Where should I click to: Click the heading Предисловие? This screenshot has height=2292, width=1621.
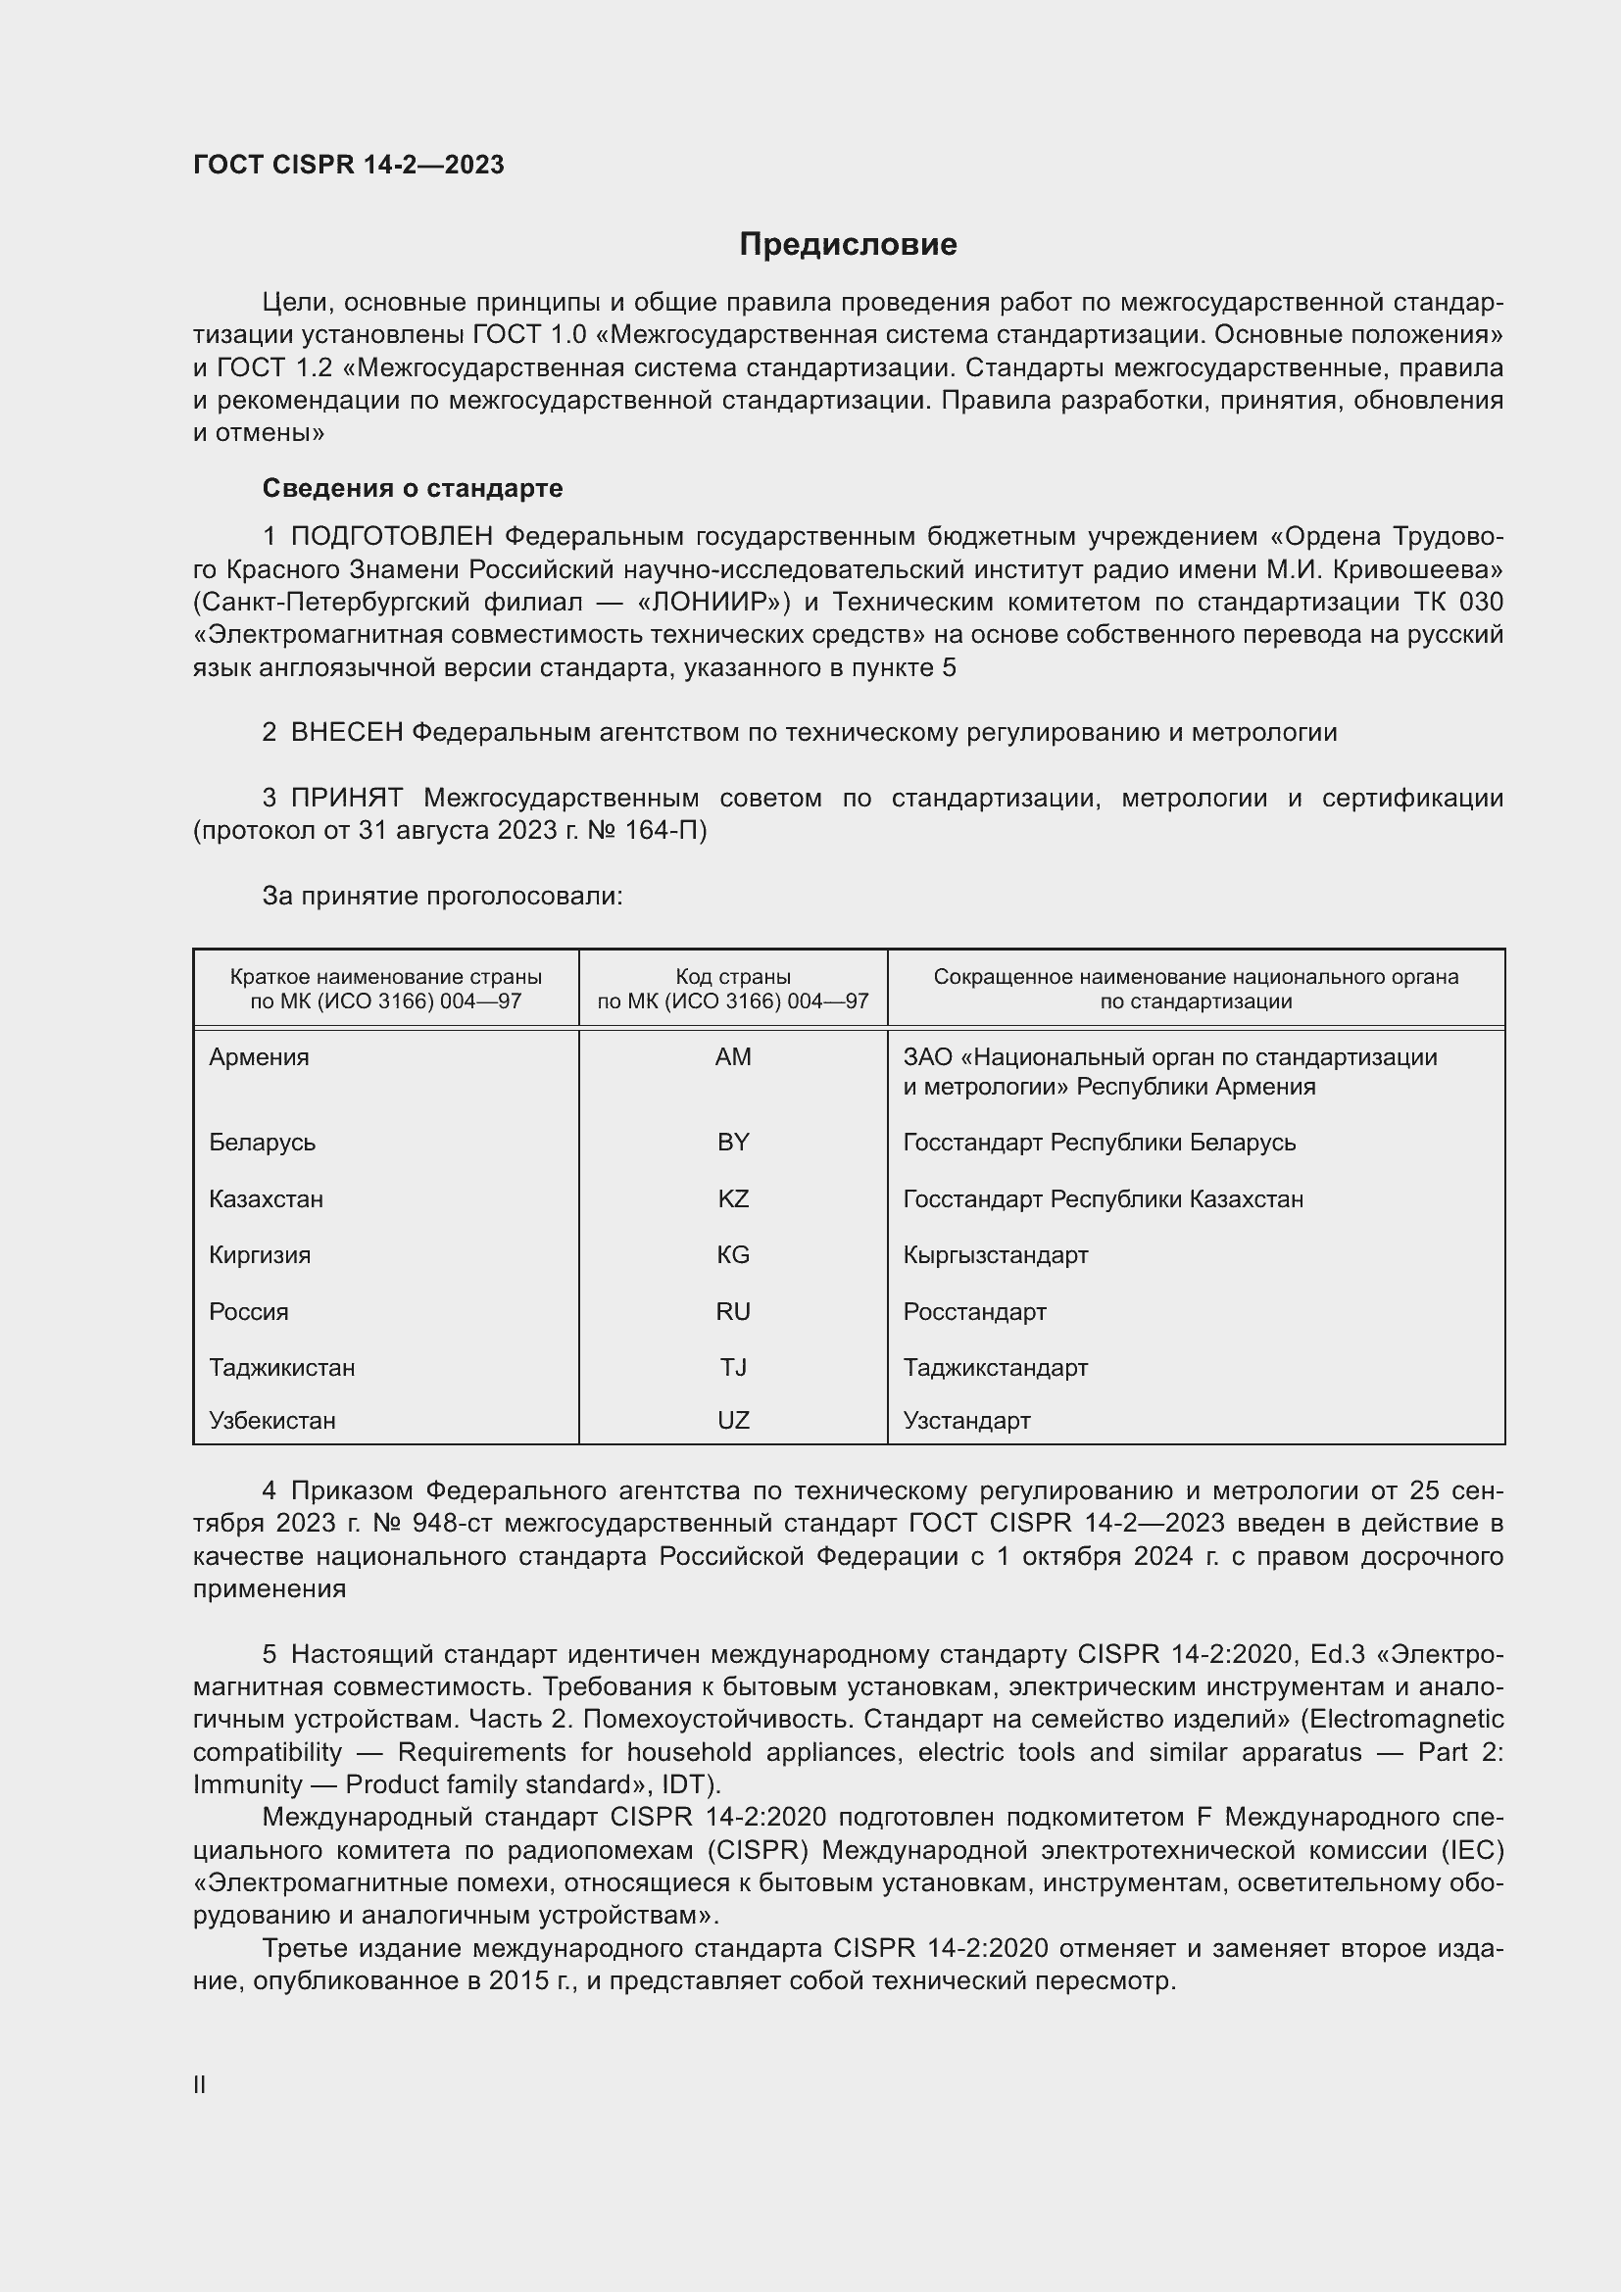(848, 245)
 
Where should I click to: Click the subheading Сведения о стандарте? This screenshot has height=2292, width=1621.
(413, 488)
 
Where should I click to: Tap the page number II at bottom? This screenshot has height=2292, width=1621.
(200, 2084)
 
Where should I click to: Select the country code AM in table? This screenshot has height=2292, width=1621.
(733, 1057)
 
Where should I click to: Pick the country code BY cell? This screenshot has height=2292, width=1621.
(733, 1142)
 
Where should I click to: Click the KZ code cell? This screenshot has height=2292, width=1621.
(733, 1198)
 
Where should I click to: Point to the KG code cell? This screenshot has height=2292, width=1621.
(733, 1255)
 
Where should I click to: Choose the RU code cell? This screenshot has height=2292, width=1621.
(733, 1312)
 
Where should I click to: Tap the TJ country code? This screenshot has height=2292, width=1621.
(733, 1368)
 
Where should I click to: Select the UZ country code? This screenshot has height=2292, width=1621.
(733, 1421)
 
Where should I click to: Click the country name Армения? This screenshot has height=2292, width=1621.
(259, 1057)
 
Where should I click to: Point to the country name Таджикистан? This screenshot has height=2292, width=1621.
(281, 1368)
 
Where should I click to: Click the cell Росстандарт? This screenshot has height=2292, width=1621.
(974, 1312)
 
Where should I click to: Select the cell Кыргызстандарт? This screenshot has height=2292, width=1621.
(995, 1255)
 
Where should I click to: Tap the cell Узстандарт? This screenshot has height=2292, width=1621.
(966, 1421)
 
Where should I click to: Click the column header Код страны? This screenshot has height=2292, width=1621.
(733, 977)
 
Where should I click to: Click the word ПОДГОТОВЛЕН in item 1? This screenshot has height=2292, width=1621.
(391, 537)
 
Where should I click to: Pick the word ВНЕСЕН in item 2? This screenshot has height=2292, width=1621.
(346, 733)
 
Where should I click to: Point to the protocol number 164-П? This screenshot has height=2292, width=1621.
(673, 831)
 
